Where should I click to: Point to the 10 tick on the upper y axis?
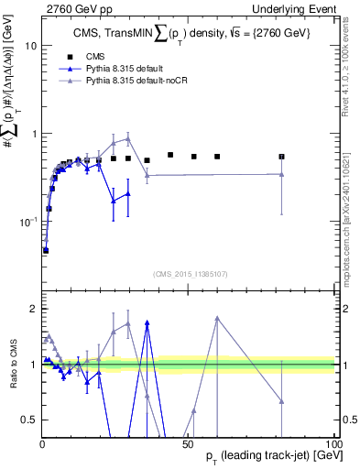(x=29, y=45)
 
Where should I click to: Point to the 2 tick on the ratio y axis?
(x=31, y=309)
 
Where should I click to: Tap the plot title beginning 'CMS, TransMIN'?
(x=188, y=35)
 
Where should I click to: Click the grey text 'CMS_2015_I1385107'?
(x=189, y=273)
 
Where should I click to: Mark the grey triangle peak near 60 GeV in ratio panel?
(x=217, y=318)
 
